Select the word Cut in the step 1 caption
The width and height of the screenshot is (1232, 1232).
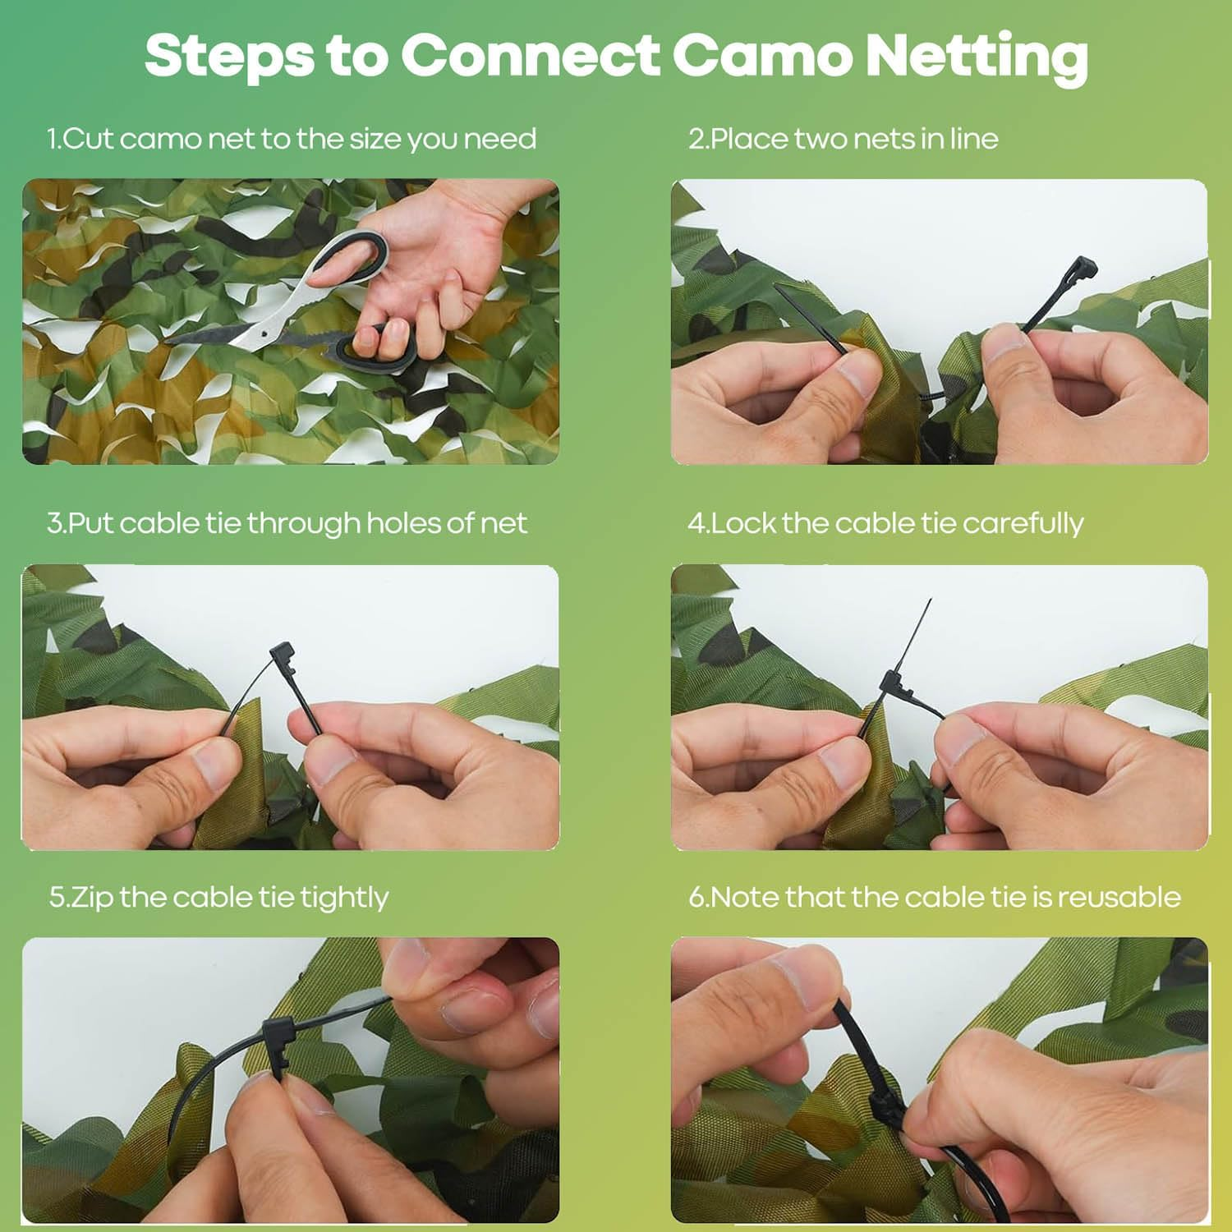pyautogui.click(x=89, y=139)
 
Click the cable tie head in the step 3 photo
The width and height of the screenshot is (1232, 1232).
pyautogui.click(x=283, y=658)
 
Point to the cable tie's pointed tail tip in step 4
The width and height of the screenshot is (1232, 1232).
pyautogui.click(x=931, y=600)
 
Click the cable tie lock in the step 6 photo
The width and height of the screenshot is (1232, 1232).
pyautogui.click(x=888, y=1110)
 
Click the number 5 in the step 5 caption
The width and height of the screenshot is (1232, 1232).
pyautogui.click(x=56, y=897)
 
